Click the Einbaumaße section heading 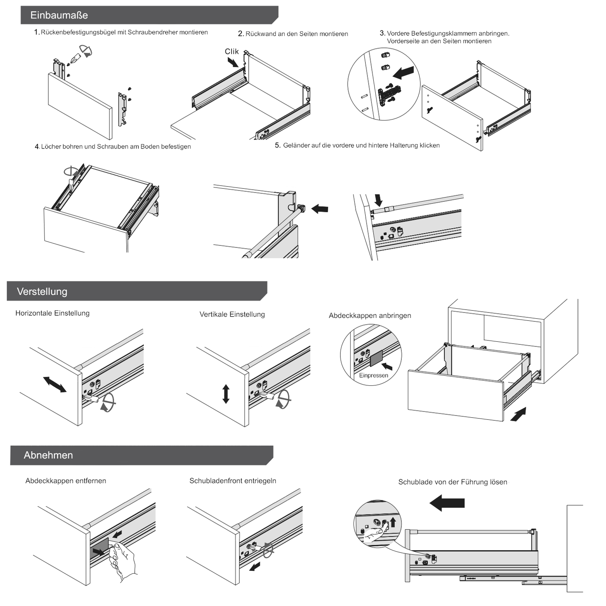point(59,15)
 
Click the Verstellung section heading point(42,291)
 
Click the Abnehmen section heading point(48,455)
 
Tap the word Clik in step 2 point(231,51)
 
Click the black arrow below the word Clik point(233,62)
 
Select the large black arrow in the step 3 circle point(403,73)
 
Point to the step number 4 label point(37,147)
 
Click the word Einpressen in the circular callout point(373,375)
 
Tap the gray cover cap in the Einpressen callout point(376,358)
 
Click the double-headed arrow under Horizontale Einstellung point(55,384)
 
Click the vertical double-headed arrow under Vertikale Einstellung point(226,394)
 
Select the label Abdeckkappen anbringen point(370,315)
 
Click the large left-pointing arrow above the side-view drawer point(447,502)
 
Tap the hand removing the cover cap point(122,560)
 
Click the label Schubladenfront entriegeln point(233,481)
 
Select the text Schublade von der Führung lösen point(453,482)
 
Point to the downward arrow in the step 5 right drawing point(378,200)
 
